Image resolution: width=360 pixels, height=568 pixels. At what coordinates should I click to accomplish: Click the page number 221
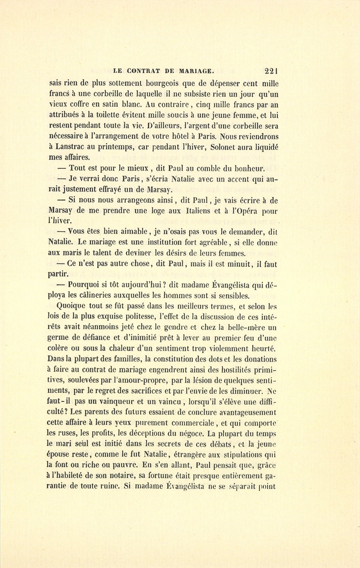271,71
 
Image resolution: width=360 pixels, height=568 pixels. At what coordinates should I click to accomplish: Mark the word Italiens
203,210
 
